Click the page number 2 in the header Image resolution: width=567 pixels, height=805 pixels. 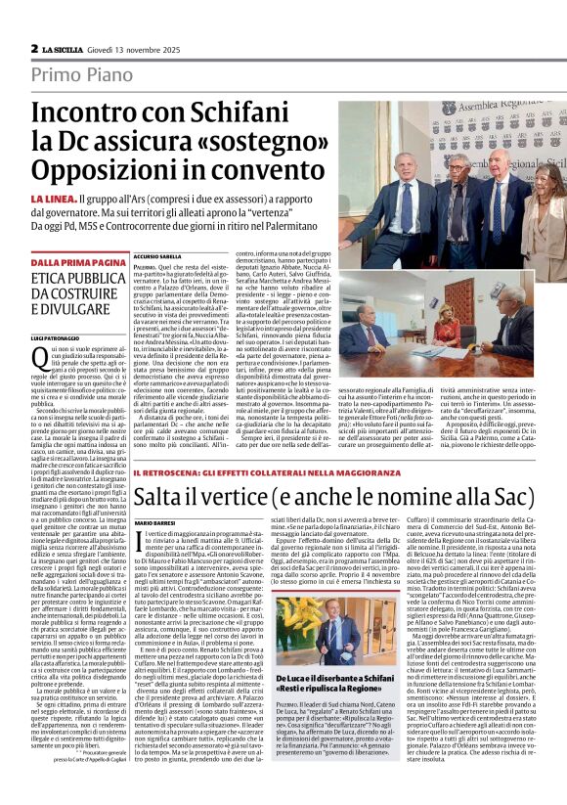33,48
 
